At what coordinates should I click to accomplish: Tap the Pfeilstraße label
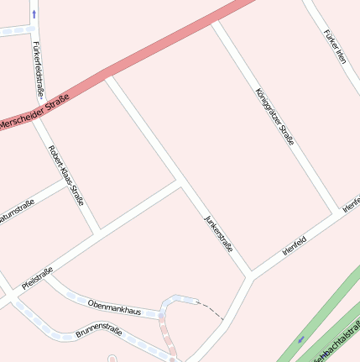pyautogui.click(x=38, y=279)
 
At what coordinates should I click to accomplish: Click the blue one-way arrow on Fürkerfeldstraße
pyautogui.click(x=34, y=14)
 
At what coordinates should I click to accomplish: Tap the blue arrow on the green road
pyautogui.click(x=301, y=339)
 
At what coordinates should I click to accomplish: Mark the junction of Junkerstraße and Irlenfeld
pyautogui.click(x=250, y=275)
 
